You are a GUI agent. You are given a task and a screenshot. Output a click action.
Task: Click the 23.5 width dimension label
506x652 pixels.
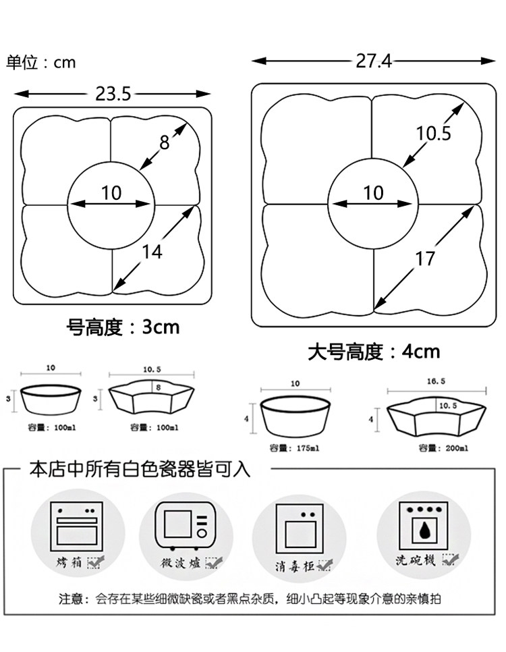(x=113, y=94)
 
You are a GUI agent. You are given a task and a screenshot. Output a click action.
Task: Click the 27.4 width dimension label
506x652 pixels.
(x=373, y=61)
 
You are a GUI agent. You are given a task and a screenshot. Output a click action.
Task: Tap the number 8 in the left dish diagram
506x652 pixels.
(x=165, y=142)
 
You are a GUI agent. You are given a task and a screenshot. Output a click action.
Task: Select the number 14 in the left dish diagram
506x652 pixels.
(x=152, y=251)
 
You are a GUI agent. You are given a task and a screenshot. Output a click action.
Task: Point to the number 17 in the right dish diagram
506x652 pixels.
(x=425, y=258)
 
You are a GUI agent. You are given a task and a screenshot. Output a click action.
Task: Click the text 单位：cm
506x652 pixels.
(x=41, y=63)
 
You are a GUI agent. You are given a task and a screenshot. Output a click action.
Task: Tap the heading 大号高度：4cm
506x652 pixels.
(x=374, y=352)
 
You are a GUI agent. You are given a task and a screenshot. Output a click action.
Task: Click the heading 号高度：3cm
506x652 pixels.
(x=123, y=328)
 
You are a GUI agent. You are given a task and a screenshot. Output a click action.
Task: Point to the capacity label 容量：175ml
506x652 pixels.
(x=295, y=447)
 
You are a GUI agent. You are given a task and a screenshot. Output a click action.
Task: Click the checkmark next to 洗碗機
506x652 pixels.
(x=450, y=560)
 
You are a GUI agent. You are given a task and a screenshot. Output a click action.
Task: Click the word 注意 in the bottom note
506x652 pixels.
(x=69, y=598)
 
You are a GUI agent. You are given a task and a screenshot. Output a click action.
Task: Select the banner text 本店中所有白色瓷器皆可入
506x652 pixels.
(x=140, y=470)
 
